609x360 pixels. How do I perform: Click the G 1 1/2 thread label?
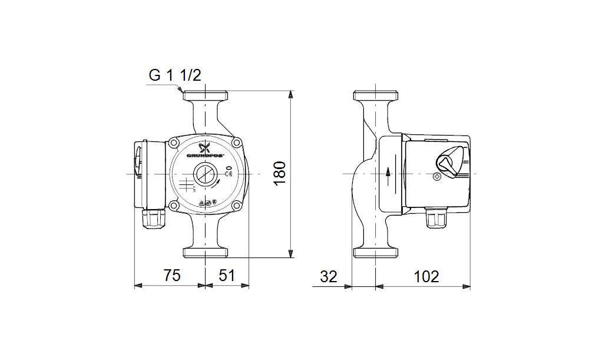click(x=175, y=76)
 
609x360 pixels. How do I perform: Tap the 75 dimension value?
click(x=171, y=275)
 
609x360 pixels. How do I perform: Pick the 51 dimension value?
click(x=227, y=275)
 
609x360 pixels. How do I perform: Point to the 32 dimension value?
click(x=329, y=276)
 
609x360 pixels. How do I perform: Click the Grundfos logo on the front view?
click(x=205, y=151)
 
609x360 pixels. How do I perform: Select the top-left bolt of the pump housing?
click(x=174, y=143)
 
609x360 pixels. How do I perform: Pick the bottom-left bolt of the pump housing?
click(x=174, y=205)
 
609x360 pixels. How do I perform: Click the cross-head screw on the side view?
click(x=436, y=176)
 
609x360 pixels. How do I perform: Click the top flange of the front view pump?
click(x=205, y=95)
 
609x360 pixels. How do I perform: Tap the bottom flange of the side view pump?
click(x=376, y=253)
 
